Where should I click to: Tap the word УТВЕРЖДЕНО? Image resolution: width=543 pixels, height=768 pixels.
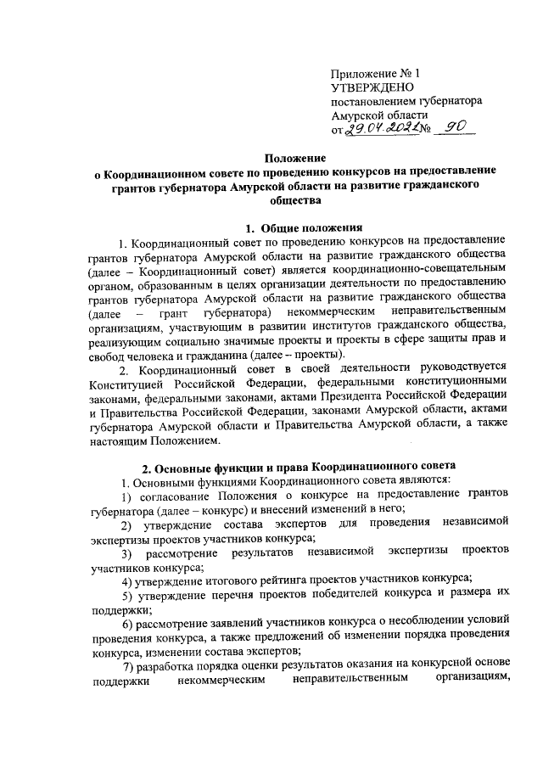point(372,87)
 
